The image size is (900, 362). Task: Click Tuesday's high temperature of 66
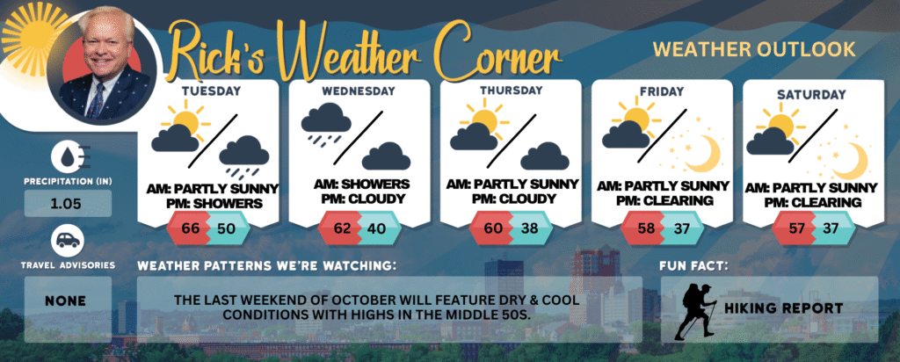pyautogui.click(x=190, y=228)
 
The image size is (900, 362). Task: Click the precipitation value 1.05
pyautogui.click(x=68, y=204)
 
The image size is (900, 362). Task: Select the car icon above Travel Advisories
pyautogui.click(x=68, y=241)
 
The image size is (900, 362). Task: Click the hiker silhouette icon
pyautogui.click(x=696, y=312)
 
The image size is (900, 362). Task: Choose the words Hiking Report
pyautogui.click(x=783, y=308)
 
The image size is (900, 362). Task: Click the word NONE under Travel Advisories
pyautogui.click(x=67, y=300)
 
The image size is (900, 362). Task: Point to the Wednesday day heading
pyautogui.click(x=359, y=91)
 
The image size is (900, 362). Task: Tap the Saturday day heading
pyautogui.click(x=811, y=94)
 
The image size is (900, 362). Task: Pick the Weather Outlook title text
pyautogui.click(x=754, y=49)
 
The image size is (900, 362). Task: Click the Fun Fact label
pyautogui.click(x=686, y=266)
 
